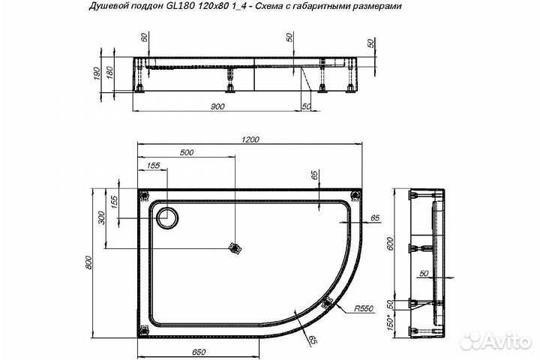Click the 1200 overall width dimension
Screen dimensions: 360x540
[x=251, y=139]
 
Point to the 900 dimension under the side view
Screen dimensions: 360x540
[x=217, y=107]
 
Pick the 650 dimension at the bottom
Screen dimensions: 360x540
[x=199, y=350]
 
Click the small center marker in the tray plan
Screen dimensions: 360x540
[x=235, y=247]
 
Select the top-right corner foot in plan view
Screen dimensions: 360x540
[x=355, y=196]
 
